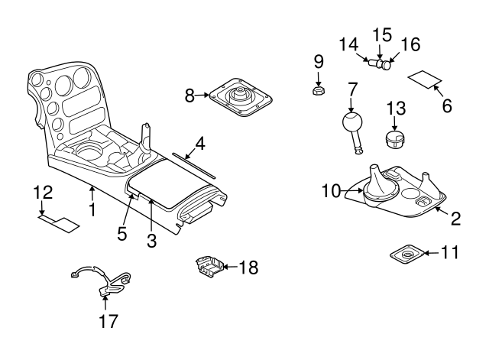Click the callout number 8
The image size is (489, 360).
pyautogui.click(x=190, y=96)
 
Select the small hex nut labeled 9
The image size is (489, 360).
pyautogui.click(x=319, y=91)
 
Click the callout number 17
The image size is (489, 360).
pyautogui.click(x=108, y=321)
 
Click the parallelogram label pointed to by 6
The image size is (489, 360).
pyautogui.click(x=425, y=79)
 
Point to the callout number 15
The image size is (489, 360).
pyautogui.click(x=381, y=34)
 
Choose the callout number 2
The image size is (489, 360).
pyautogui.click(x=455, y=219)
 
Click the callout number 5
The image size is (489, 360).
pyautogui.click(x=122, y=232)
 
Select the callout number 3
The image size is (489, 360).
pyautogui.click(x=152, y=242)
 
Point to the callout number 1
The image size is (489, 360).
pyautogui.click(x=92, y=208)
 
